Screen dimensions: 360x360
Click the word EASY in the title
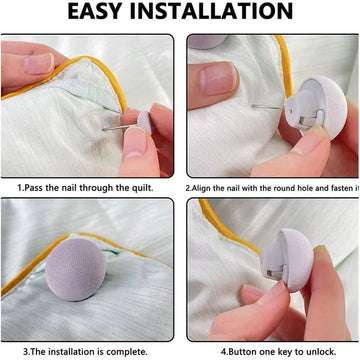click(95, 11)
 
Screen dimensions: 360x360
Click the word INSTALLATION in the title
click(212, 11)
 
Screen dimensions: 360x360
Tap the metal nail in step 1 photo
click(119, 127)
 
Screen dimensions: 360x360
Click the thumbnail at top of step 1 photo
click(39, 64)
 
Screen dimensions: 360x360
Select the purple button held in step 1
click(145, 123)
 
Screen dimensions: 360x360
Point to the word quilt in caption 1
click(143, 188)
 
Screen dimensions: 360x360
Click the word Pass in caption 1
click(34, 188)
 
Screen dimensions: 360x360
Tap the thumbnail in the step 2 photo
click(218, 78)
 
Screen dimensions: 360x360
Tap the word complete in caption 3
click(127, 352)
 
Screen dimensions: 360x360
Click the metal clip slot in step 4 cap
click(274, 274)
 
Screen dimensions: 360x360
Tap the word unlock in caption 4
click(323, 352)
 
